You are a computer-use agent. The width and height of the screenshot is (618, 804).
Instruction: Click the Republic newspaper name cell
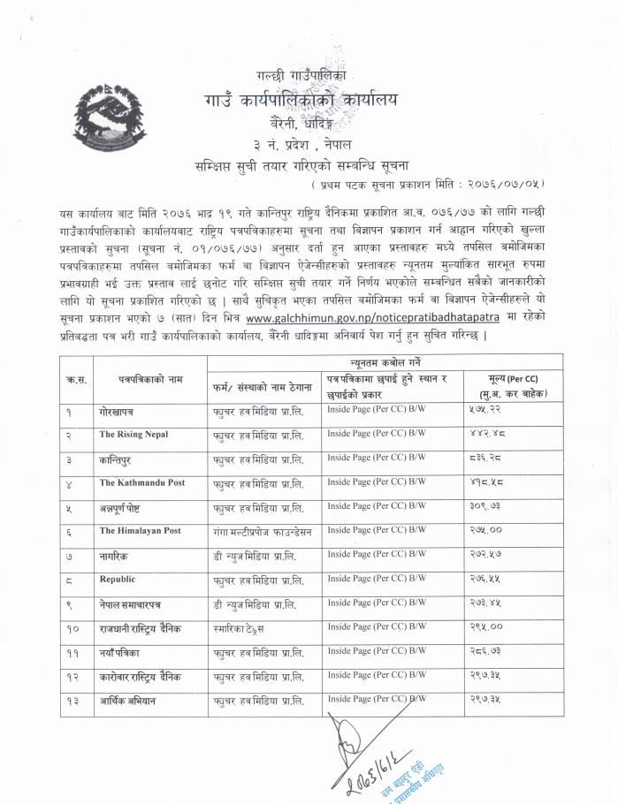click(x=118, y=580)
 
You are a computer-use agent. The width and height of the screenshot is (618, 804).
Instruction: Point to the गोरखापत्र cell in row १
click(x=117, y=412)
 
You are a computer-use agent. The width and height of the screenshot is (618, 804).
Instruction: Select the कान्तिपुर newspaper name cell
click(x=116, y=460)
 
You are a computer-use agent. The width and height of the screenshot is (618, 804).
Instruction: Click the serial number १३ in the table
click(x=74, y=702)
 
